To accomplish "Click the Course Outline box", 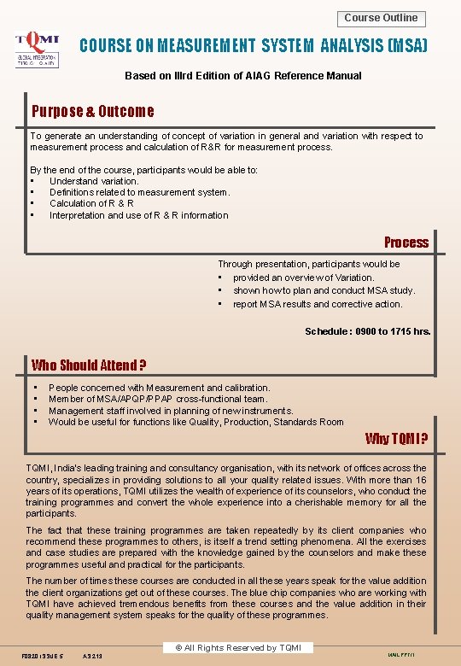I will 381,18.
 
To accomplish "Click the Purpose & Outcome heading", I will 93,111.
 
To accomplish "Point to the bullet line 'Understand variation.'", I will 94,181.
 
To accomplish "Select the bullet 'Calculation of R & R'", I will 91,203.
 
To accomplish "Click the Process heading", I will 406,242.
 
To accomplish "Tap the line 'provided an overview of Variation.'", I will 303,277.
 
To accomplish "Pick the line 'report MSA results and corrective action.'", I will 318,304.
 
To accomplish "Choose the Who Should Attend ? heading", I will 89,365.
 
